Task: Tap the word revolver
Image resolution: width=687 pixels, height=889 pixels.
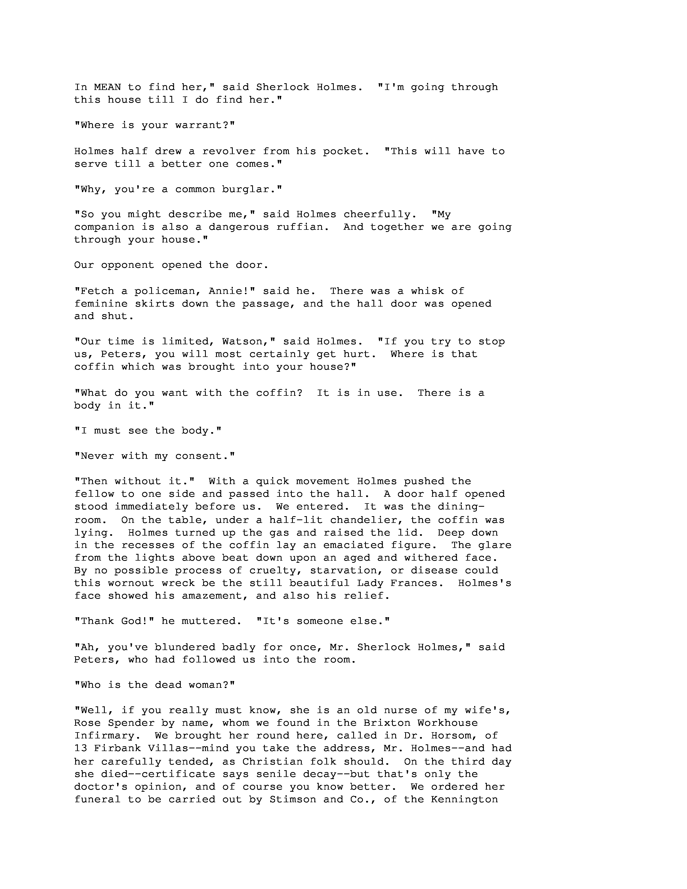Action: (229, 151)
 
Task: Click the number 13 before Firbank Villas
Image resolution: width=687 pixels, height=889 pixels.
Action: (80, 749)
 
